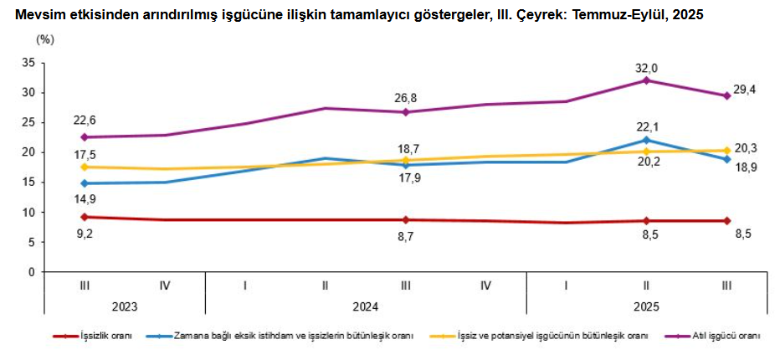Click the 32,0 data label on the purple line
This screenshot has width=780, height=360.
click(645, 68)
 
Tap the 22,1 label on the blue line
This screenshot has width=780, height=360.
click(645, 126)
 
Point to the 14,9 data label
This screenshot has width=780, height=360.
click(85, 198)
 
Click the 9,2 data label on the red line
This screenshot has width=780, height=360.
click(85, 234)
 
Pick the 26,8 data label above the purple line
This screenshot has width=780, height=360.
click(405, 98)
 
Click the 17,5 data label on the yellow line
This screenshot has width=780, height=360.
click(85, 154)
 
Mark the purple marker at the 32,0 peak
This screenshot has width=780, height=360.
click(646, 80)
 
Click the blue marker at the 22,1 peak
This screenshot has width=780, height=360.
click(646, 140)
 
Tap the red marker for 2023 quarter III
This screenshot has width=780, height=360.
click(85, 217)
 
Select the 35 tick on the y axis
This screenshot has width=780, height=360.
click(28, 63)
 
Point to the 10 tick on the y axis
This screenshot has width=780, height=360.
click(28, 212)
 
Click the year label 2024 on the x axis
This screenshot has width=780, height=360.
click(366, 306)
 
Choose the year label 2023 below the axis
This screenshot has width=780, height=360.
click(125, 306)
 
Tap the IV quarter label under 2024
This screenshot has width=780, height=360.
click(485, 286)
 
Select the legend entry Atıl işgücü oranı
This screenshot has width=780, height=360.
click(725, 336)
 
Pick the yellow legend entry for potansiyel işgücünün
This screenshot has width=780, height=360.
click(552, 336)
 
